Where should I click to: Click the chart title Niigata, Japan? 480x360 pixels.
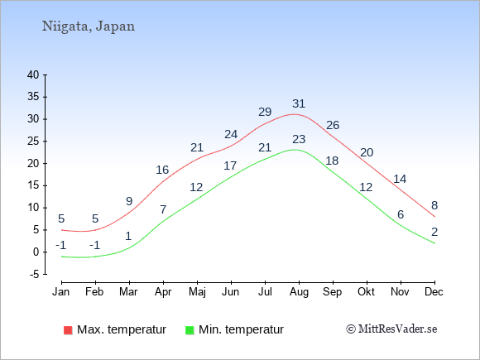(x=89, y=26)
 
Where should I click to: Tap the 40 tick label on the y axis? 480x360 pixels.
(x=33, y=74)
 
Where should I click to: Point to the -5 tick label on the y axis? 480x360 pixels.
(x=35, y=275)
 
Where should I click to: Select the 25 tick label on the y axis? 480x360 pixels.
(x=33, y=142)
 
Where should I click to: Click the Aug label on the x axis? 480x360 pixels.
(x=299, y=292)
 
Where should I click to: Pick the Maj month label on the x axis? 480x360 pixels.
(x=197, y=292)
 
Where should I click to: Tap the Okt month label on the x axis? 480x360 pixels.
(x=366, y=292)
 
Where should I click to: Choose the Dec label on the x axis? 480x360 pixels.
(x=434, y=292)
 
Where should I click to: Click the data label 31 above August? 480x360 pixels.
(x=299, y=103)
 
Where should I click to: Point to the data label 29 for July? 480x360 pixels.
(x=265, y=112)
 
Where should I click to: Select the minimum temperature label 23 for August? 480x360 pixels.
(x=299, y=139)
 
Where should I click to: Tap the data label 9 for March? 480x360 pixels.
(x=129, y=201)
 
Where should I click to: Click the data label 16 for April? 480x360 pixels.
(x=162, y=170)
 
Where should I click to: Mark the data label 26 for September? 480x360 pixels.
(x=333, y=125)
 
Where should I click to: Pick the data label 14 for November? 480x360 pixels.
(x=400, y=179)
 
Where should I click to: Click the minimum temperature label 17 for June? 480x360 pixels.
(x=230, y=166)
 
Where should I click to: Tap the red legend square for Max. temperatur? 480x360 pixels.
(x=68, y=330)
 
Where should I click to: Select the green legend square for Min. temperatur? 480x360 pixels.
(x=190, y=330)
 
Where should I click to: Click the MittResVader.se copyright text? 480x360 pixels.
(x=391, y=329)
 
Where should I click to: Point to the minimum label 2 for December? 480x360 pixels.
(x=434, y=232)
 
